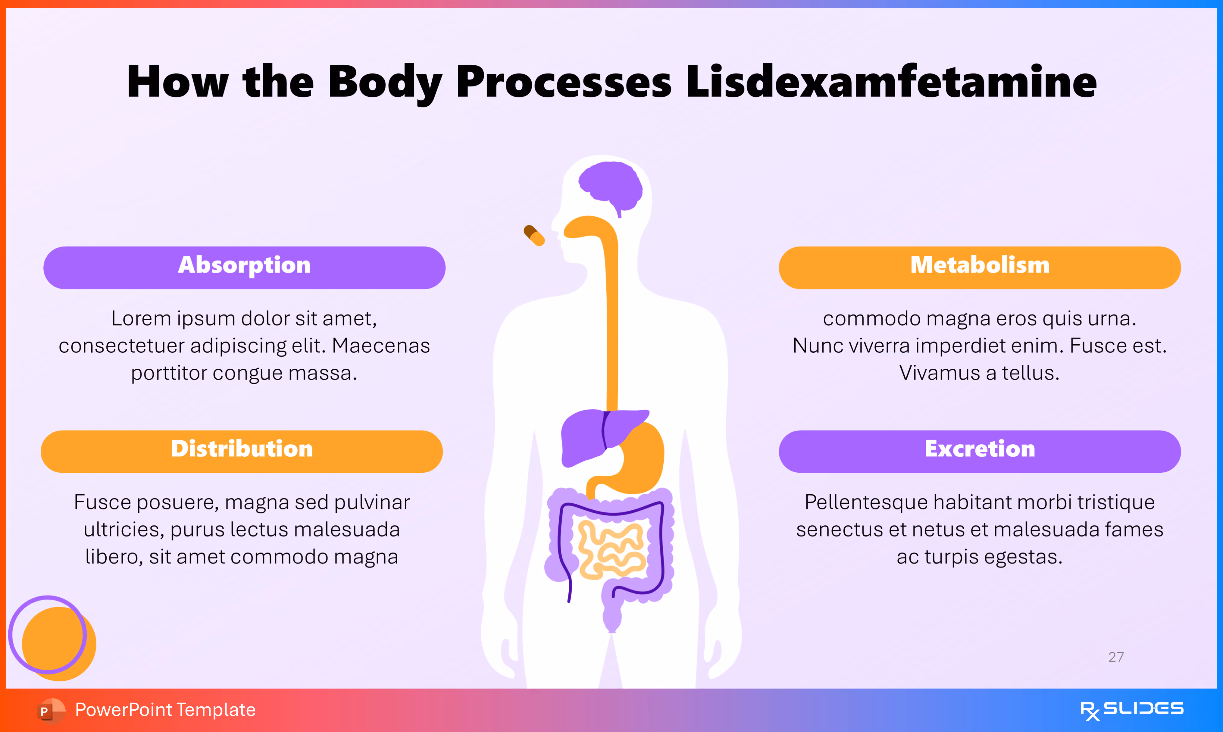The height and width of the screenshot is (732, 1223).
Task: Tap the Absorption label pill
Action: (x=244, y=267)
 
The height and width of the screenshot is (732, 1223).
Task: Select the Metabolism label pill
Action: (x=979, y=267)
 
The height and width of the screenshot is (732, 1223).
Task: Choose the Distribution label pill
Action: (x=242, y=451)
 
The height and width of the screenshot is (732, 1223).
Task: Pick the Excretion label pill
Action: (x=979, y=451)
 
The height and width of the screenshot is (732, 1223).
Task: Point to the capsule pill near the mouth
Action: (x=534, y=235)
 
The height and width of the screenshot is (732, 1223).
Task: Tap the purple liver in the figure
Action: (x=587, y=436)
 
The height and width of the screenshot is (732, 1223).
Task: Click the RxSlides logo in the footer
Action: (x=1131, y=710)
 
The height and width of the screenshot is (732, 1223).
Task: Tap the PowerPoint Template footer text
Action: (x=165, y=710)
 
